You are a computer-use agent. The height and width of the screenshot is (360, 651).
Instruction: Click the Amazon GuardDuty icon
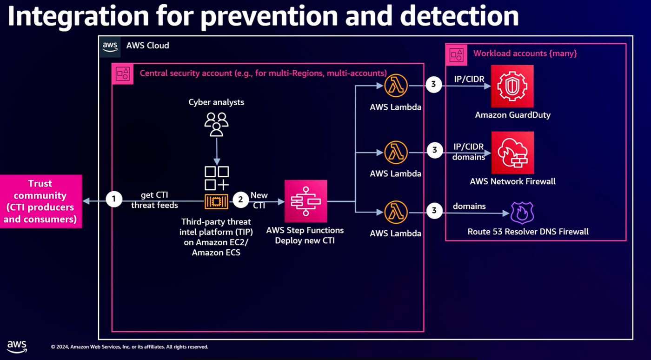pyautogui.click(x=512, y=87)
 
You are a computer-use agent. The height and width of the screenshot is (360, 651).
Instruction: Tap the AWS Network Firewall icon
pyautogui.click(x=512, y=153)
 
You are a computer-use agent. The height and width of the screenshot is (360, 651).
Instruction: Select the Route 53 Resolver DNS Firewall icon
pyautogui.click(x=522, y=213)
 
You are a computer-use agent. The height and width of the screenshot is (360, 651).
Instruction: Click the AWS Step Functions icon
pyautogui.click(x=306, y=201)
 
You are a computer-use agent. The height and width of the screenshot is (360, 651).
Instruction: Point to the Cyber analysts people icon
pyautogui.click(x=216, y=124)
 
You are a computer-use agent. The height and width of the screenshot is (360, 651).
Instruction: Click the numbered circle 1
pyautogui.click(x=113, y=200)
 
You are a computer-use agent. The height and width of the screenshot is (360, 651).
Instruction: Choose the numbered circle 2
pyautogui.click(x=240, y=200)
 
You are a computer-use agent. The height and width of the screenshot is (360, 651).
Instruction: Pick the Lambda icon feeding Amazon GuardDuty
pyautogui.click(x=396, y=86)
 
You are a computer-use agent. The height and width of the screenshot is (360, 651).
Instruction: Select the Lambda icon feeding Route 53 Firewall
pyautogui.click(x=396, y=213)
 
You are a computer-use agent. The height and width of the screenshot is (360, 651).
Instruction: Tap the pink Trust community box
pyautogui.click(x=40, y=201)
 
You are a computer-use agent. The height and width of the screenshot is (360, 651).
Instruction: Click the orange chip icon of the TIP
pyautogui.click(x=216, y=201)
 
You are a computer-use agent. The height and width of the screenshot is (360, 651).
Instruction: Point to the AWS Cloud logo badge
pyautogui.click(x=110, y=46)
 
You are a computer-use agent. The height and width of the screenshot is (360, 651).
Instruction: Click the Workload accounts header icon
pyautogui.click(x=456, y=54)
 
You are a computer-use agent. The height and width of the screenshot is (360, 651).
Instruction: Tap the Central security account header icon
pyautogui.click(x=123, y=74)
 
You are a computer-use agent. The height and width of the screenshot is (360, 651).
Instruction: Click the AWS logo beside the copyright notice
pyautogui.click(x=17, y=347)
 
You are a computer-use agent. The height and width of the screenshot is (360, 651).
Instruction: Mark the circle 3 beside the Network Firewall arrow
pyautogui.click(x=434, y=150)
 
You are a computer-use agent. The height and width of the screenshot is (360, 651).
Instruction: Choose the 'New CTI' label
pyautogui.click(x=259, y=200)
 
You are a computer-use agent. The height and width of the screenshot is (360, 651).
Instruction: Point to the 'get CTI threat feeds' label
pyautogui.click(x=154, y=200)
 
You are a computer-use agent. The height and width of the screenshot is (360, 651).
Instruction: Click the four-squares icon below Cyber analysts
pyautogui.click(x=216, y=178)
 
